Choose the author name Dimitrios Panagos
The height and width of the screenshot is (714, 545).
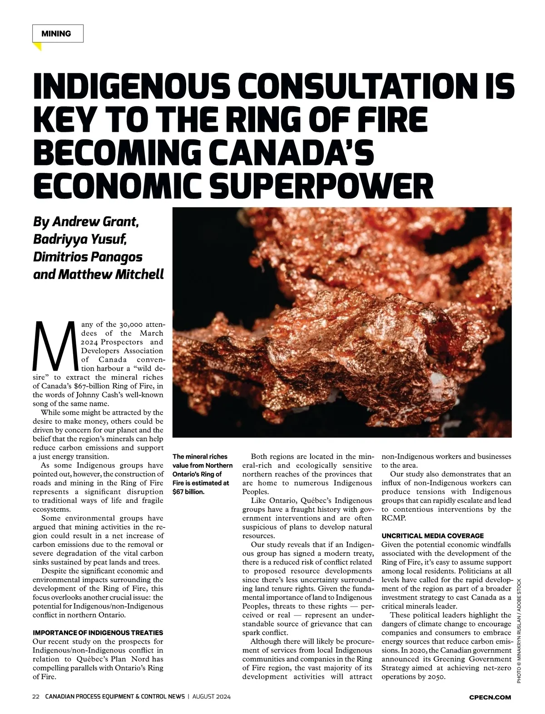point(88,257)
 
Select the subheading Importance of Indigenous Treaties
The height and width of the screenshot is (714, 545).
point(98,632)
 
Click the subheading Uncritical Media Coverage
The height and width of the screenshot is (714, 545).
point(432,535)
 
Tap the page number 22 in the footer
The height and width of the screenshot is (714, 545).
point(36,697)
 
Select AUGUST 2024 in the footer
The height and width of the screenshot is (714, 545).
point(212,697)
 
